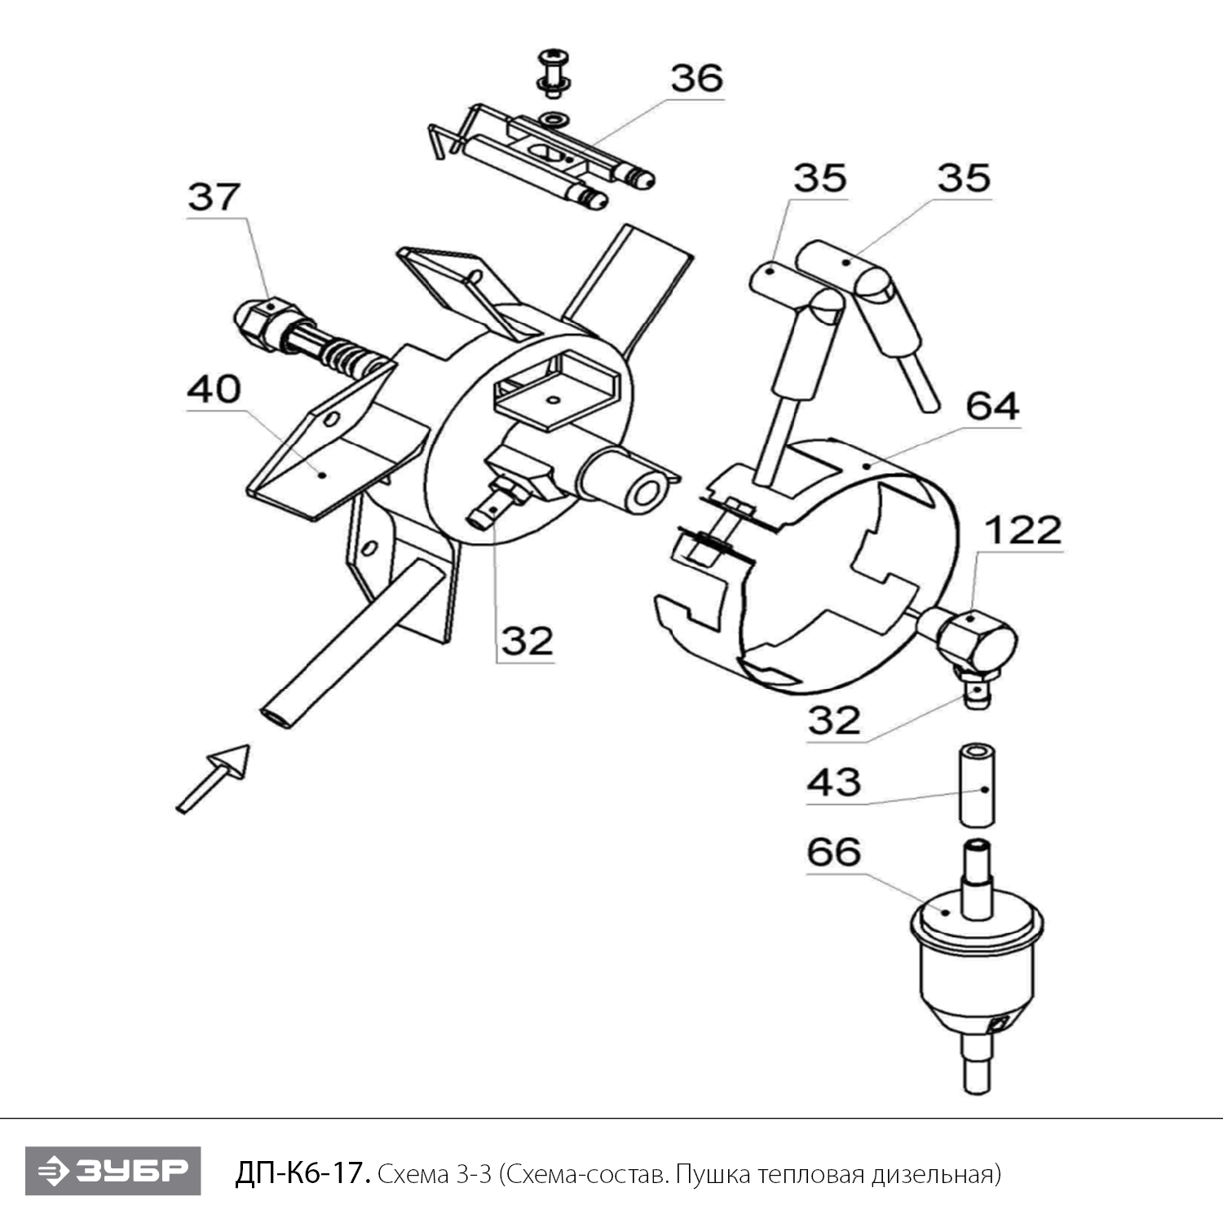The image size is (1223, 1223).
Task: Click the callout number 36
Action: (x=696, y=78)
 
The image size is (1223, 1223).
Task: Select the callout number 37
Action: (x=214, y=197)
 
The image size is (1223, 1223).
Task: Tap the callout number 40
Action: (x=214, y=390)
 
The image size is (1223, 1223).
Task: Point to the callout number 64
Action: (x=991, y=406)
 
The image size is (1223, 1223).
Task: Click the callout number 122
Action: (x=1023, y=531)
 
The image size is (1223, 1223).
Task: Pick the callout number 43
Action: (x=833, y=783)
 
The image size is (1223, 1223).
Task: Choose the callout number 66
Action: (x=833, y=852)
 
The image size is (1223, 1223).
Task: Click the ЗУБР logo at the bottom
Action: (x=113, y=1171)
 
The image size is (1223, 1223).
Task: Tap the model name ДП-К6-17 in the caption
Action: (x=303, y=1174)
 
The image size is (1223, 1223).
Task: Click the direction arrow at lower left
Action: (x=214, y=778)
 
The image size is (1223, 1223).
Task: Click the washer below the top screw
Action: (x=555, y=119)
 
